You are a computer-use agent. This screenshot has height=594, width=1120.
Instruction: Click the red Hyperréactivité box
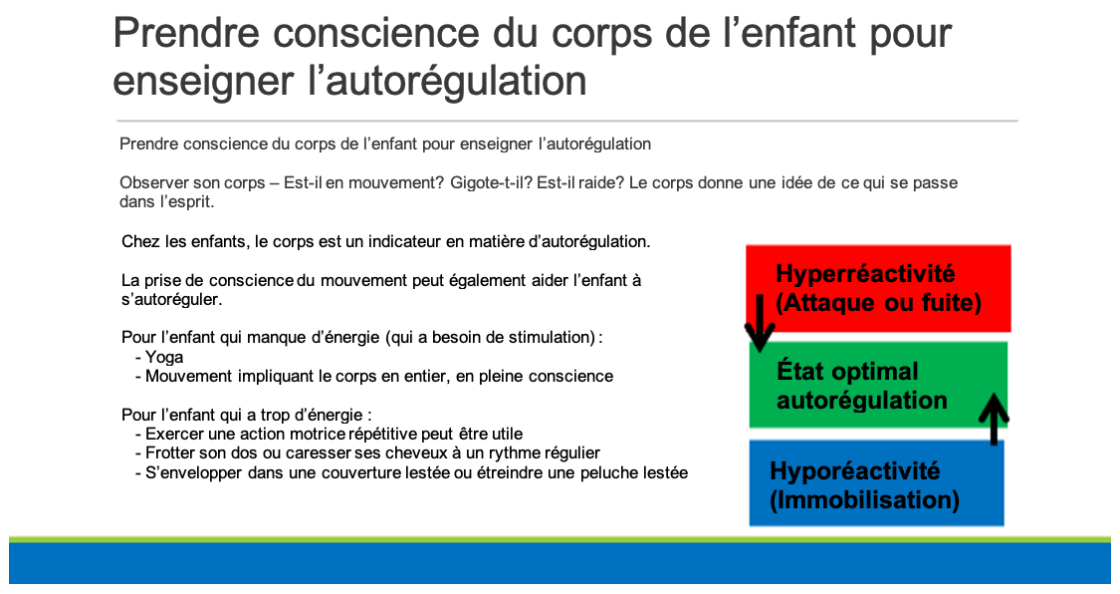point(878,288)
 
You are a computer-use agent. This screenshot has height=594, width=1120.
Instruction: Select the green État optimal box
point(878,385)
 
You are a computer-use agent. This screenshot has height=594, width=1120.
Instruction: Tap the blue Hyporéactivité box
point(876,483)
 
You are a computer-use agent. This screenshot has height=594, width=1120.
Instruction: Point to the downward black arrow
point(760,322)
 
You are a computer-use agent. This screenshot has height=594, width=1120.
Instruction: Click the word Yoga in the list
point(164,358)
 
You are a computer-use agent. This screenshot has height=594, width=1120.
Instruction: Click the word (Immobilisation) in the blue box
point(864,499)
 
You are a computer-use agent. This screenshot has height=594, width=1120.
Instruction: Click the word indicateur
point(404,241)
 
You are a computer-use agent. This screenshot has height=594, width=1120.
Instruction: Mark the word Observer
point(148,183)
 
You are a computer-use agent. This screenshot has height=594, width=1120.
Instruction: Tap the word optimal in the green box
point(873,372)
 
